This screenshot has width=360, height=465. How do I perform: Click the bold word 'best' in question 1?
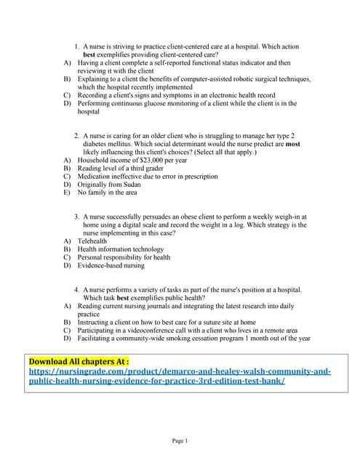(89, 54)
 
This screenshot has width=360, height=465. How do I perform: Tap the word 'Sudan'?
(130, 184)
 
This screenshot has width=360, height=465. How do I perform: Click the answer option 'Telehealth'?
(97, 240)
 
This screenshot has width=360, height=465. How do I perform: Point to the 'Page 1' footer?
(180, 440)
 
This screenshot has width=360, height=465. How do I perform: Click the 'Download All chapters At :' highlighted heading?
(79, 361)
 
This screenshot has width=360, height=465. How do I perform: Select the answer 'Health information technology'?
(123, 248)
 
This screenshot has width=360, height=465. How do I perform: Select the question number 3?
(76, 217)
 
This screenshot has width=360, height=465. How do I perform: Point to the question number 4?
(76, 290)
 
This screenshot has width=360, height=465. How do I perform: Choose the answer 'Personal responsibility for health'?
(124, 257)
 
